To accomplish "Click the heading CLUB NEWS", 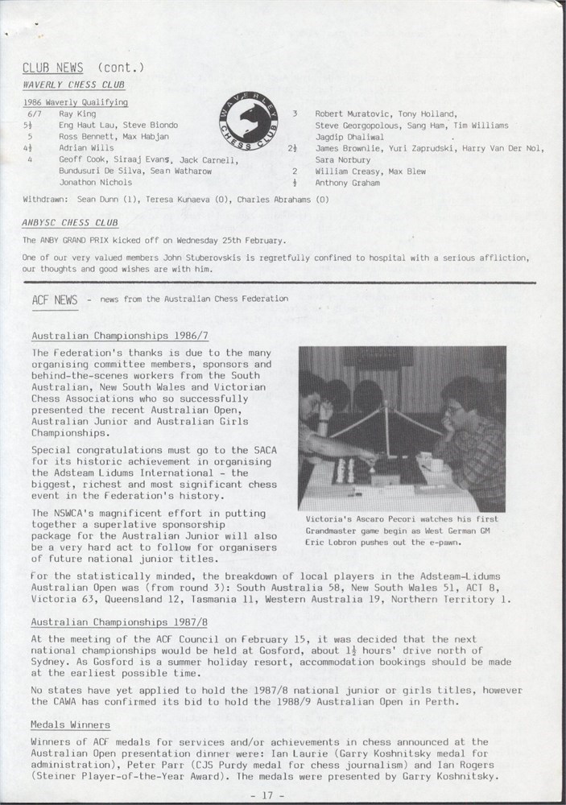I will coord(52,68).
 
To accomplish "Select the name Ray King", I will coord(77,114).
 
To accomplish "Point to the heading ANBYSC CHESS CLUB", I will coord(70,223).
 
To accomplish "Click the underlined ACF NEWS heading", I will coord(55,300).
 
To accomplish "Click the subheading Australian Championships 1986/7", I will coord(120,336).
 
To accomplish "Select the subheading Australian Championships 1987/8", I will coord(120,622).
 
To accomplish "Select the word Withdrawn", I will coord(46,199).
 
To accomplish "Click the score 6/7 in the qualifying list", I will coord(35,114).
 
